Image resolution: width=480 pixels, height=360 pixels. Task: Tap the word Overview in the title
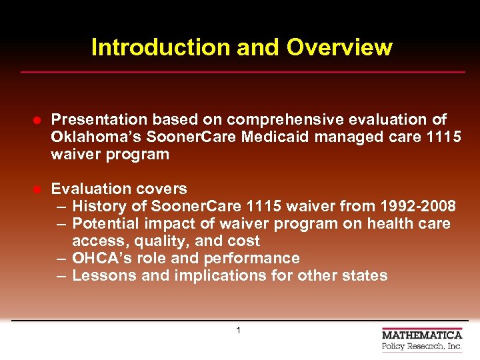[339, 47]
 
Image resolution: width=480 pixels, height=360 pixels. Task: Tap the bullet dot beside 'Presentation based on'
[39, 120]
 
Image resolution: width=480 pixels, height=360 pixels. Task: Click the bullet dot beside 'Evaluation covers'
[39, 189]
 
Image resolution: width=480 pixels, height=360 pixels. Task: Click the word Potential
[103, 223]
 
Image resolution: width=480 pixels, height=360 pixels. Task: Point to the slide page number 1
[239, 330]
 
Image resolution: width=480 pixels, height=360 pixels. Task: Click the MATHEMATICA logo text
[422, 335]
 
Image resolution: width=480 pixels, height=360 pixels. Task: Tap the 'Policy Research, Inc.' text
[422, 347]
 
